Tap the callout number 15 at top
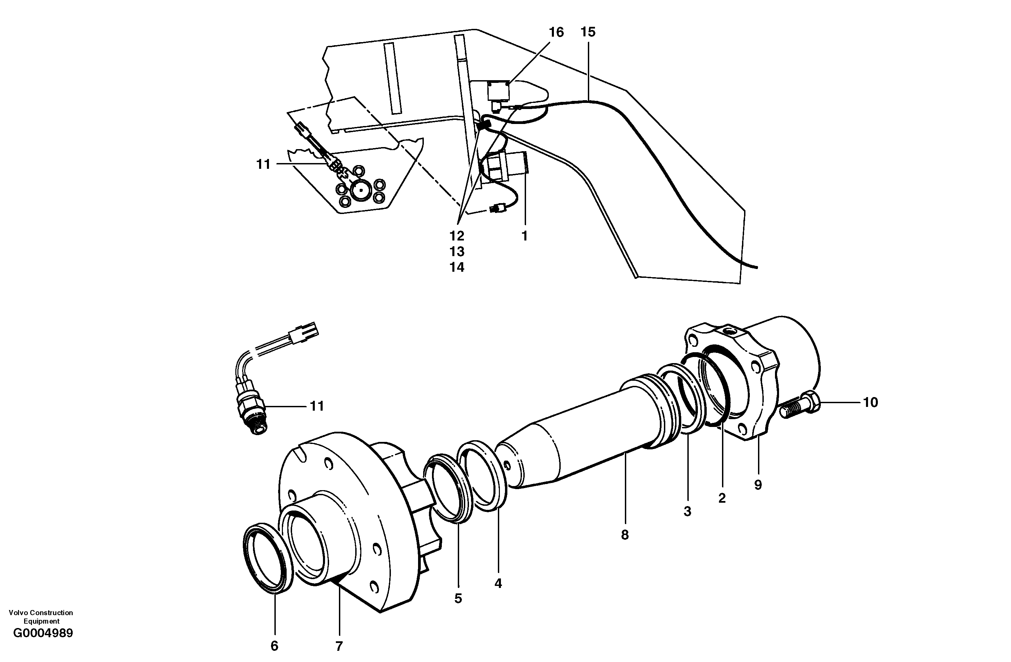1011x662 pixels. [x=588, y=32]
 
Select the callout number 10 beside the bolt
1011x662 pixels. [x=870, y=402]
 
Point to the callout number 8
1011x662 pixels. [x=625, y=535]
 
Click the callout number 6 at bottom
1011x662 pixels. [x=274, y=646]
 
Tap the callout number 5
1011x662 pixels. [x=458, y=598]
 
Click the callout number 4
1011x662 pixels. [x=498, y=584]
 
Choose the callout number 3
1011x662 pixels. [x=687, y=512]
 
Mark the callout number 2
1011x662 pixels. [x=722, y=498]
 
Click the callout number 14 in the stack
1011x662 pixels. [x=457, y=267]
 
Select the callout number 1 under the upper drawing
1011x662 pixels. [x=524, y=236]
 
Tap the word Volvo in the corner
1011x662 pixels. [x=17, y=613]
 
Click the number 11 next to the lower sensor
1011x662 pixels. [x=317, y=406]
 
